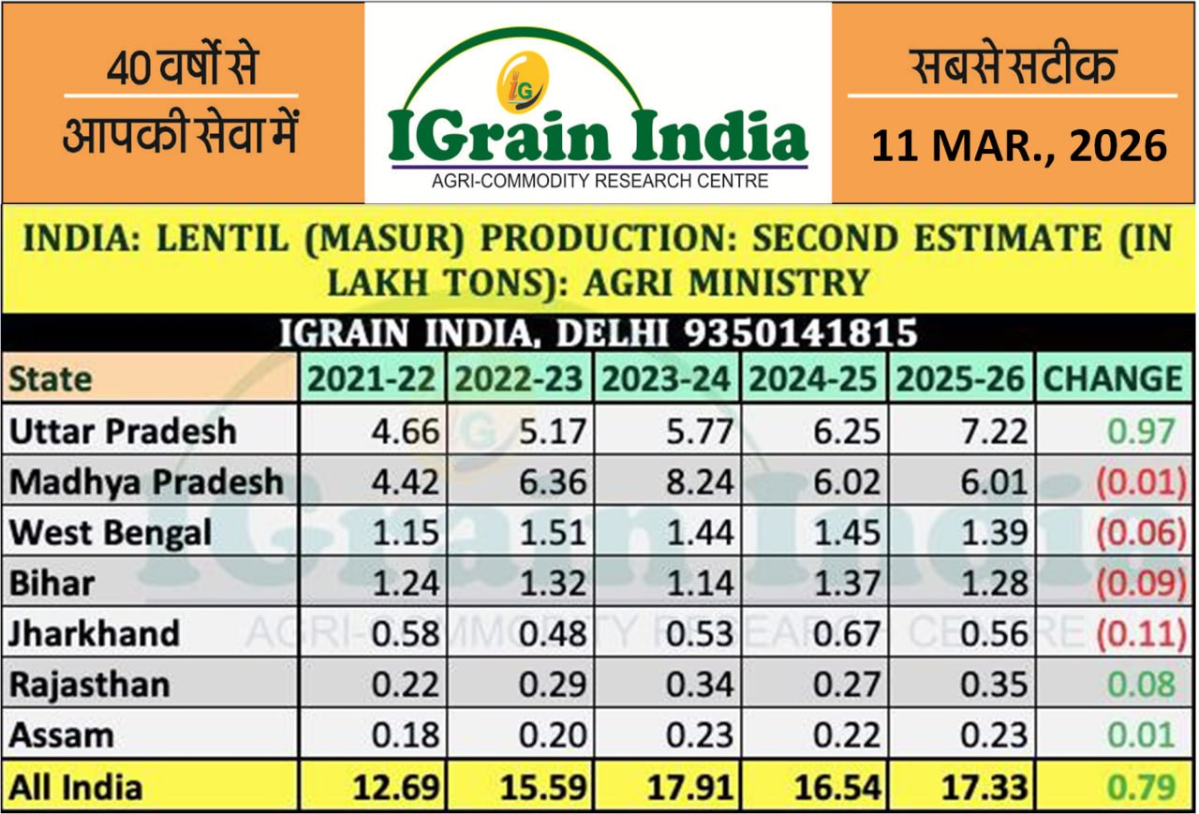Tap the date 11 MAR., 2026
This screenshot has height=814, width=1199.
[x=1019, y=146]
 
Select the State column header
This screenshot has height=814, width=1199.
[x=51, y=379]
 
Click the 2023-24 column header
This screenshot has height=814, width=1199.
[x=665, y=379]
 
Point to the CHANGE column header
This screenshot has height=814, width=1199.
[x=1113, y=379]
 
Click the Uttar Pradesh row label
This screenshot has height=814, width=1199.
[x=123, y=432]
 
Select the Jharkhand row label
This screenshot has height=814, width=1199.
[x=94, y=634]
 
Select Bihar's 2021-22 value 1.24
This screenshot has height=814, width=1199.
[x=406, y=584]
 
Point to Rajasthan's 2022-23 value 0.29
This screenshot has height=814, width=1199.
[x=554, y=685]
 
